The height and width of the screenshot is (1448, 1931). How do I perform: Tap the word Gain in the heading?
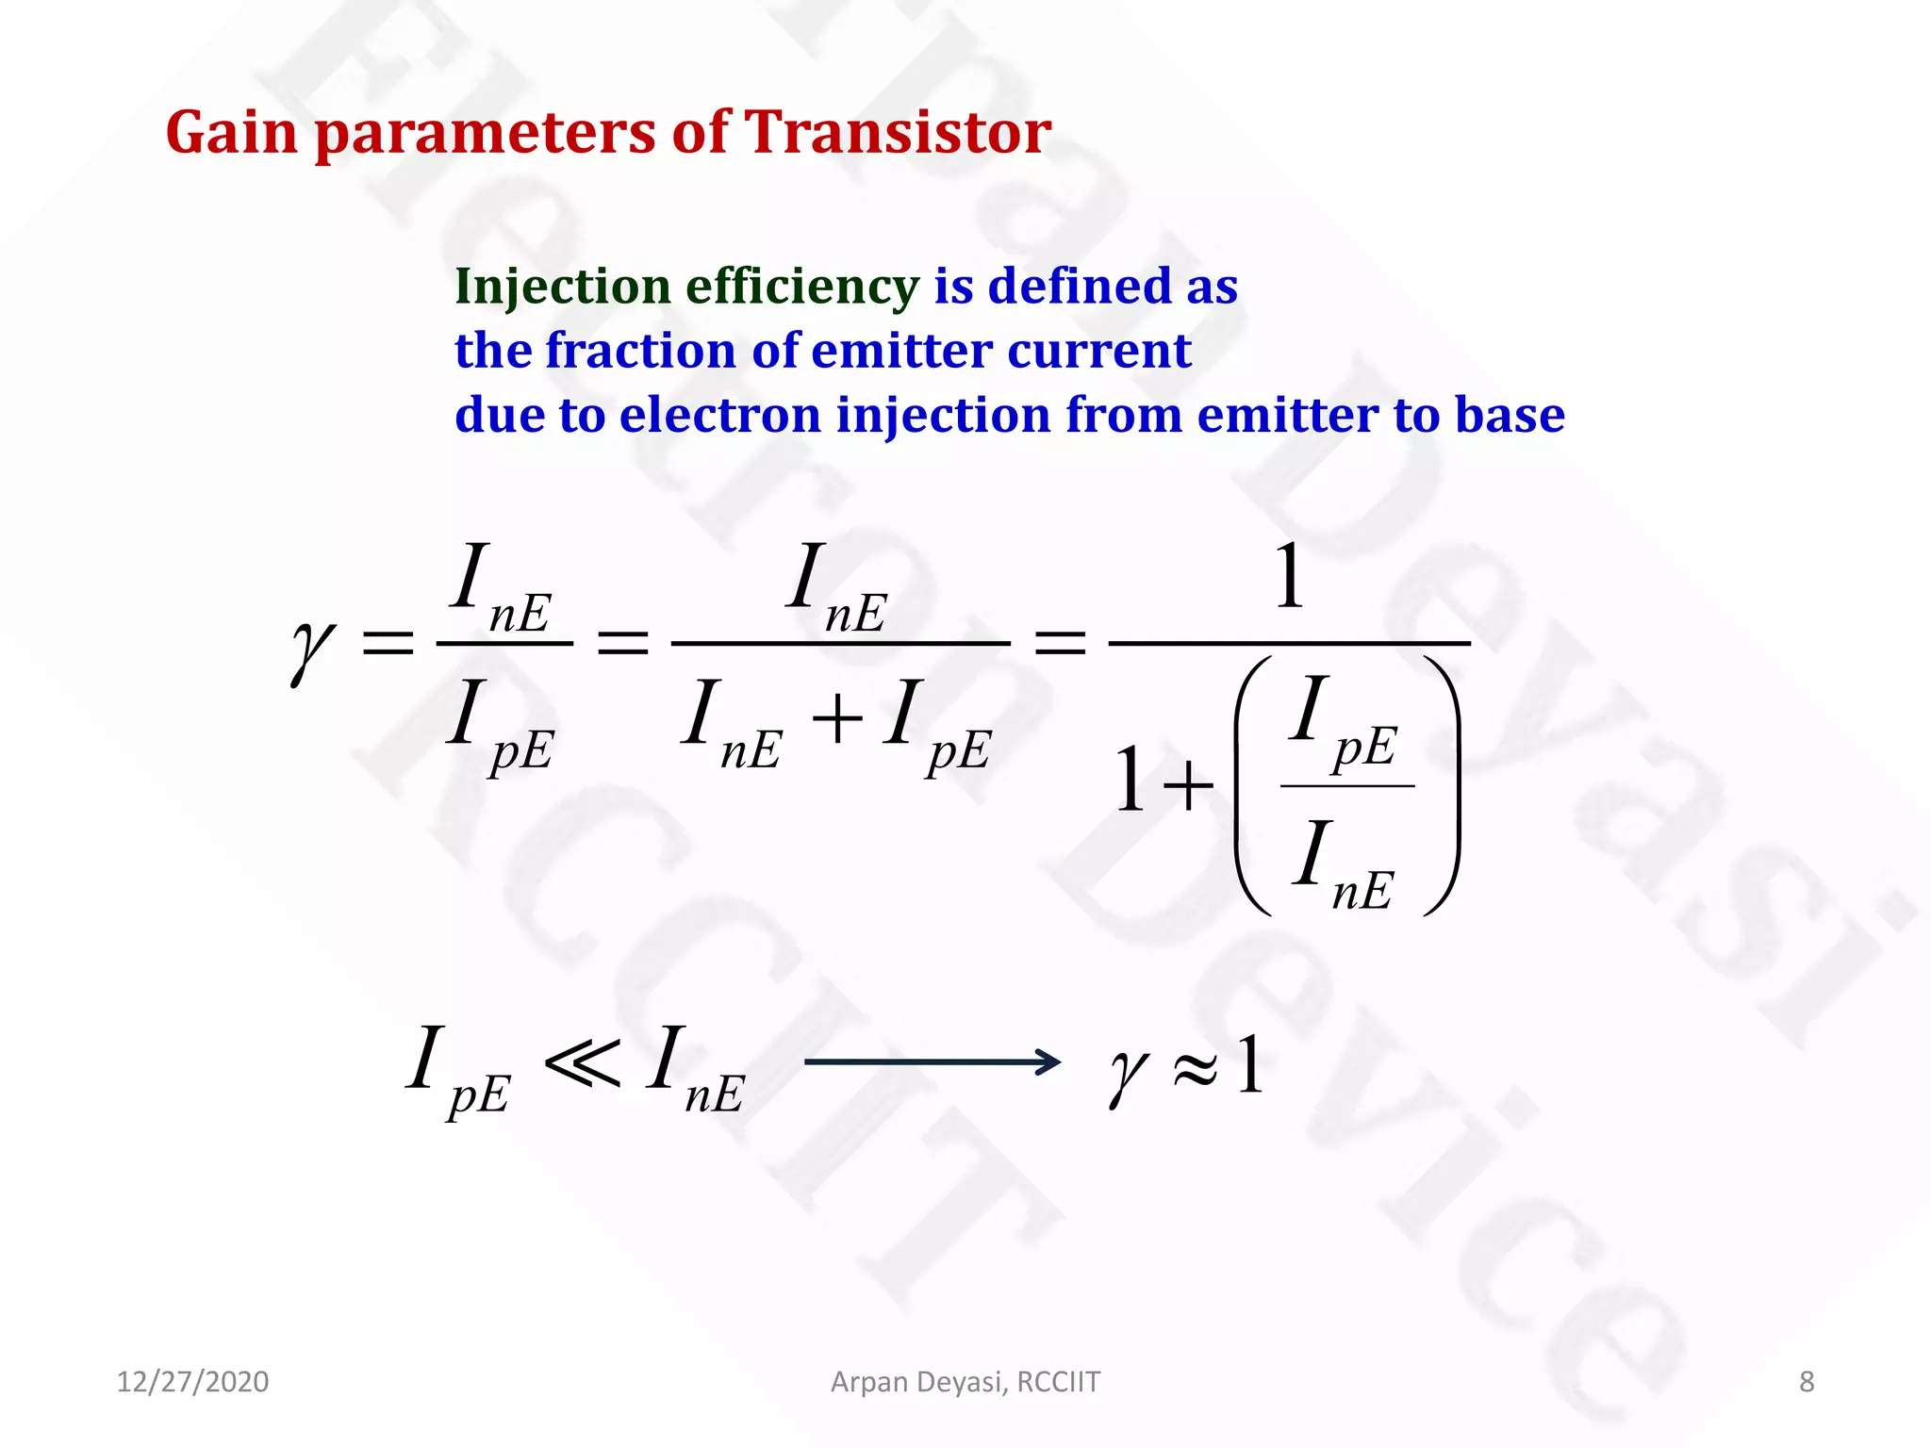point(231,132)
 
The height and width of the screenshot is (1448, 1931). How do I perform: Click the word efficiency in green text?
point(800,287)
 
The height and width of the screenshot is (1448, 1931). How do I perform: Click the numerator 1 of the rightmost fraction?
point(1289,577)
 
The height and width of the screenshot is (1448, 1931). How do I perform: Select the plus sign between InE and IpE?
point(836,721)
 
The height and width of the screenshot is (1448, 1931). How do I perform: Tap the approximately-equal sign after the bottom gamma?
point(1195,1068)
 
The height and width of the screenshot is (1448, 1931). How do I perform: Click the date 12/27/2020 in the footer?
point(192,1382)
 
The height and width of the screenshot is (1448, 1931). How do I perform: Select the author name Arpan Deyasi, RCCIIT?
point(965,1382)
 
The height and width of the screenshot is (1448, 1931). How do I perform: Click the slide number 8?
point(1806,1382)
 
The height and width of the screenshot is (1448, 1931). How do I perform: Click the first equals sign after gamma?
point(388,644)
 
